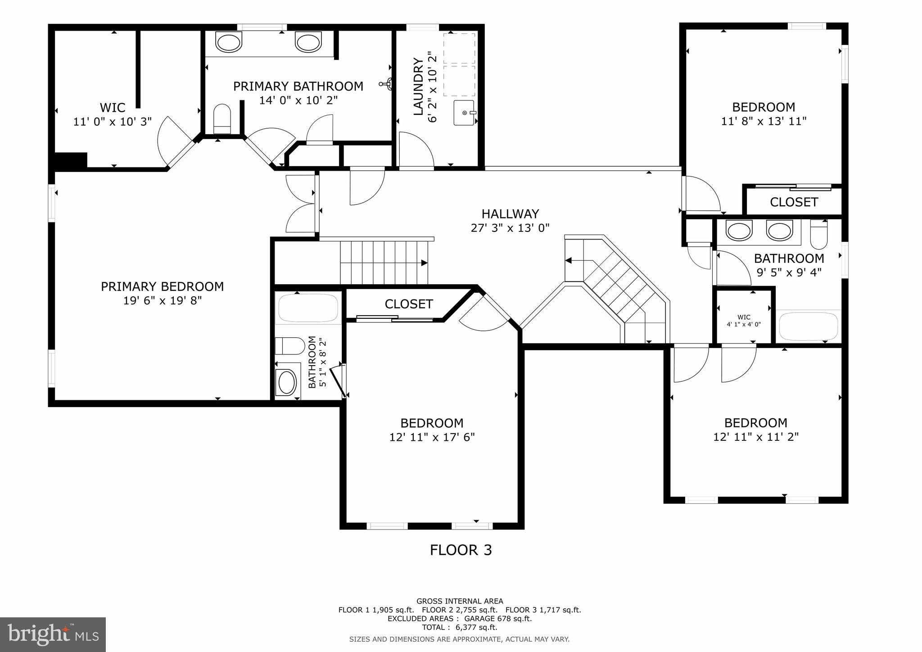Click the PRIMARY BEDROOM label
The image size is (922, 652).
point(162,286)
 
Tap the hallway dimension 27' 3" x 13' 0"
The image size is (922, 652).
point(510,228)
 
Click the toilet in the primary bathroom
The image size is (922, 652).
point(221,119)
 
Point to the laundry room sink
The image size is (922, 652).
point(465,113)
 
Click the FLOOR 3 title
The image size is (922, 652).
point(461,550)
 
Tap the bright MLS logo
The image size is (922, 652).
point(53,634)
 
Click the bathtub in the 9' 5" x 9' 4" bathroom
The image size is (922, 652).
point(809,326)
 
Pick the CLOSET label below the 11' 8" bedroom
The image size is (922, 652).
point(793,202)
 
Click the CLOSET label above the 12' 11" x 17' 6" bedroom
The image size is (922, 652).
point(408,304)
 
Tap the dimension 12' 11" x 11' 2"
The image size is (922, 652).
point(755,437)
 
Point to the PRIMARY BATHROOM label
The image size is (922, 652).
point(298,86)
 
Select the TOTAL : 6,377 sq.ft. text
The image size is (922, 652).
point(459,627)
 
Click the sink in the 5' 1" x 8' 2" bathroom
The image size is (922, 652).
point(287,382)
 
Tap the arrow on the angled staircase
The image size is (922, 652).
point(569,260)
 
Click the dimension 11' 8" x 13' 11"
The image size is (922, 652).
point(764,121)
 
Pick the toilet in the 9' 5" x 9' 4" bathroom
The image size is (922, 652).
point(818,234)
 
